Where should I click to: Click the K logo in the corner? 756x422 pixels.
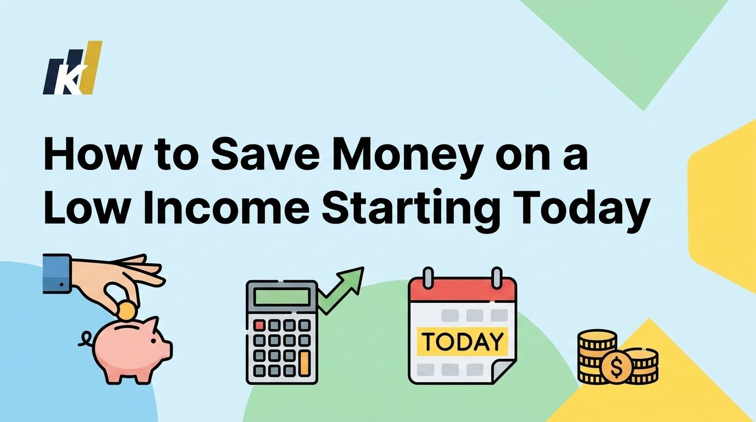pyautogui.click(x=72, y=68)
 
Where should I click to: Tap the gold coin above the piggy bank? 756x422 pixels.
pyautogui.click(x=127, y=310)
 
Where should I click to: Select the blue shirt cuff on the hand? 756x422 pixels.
pyautogui.click(x=57, y=273)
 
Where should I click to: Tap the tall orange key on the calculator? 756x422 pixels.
pyautogui.click(x=304, y=363)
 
